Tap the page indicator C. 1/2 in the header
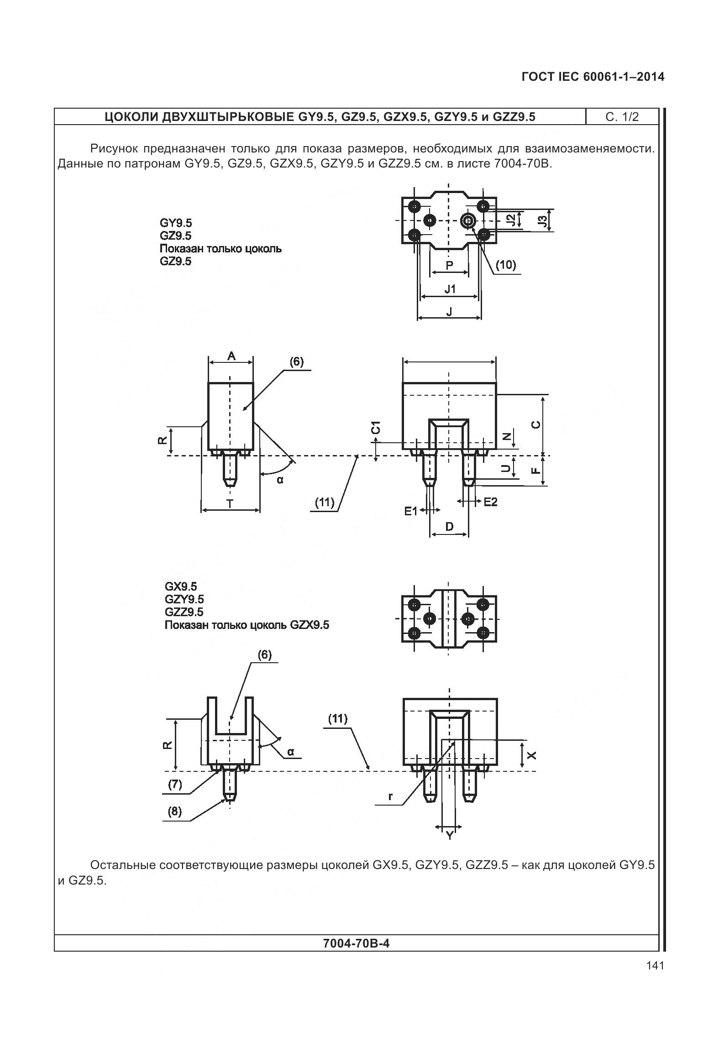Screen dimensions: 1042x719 click(x=622, y=117)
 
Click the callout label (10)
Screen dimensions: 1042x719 click(x=505, y=265)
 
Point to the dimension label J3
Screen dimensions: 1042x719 click(x=542, y=221)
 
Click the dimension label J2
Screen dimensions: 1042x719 click(x=513, y=220)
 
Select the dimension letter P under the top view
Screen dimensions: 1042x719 click(x=449, y=265)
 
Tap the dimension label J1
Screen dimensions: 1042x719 click(x=450, y=289)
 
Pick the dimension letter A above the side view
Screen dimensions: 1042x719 click(x=231, y=356)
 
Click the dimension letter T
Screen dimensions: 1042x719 click(x=230, y=503)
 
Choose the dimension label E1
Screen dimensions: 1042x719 click(x=411, y=511)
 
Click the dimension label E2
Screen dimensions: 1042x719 click(x=490, y=502)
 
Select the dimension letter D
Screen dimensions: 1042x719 click(x=449, y=527)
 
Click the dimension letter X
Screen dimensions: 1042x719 click(x=532, y=755)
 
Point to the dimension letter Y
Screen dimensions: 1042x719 click(x=450, y=836)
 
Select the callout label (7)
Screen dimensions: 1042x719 click(x=175, y=784)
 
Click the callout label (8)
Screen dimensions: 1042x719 click(x=174, y=811)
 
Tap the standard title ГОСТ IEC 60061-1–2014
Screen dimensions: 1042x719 click(x=593, y=77)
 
